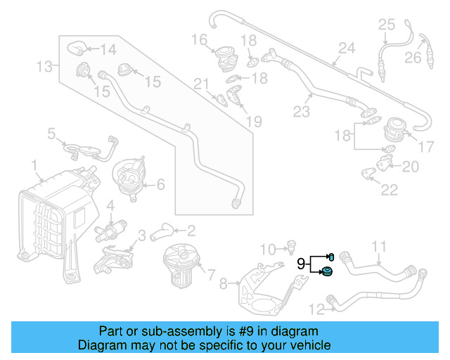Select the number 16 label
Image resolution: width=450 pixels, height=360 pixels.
tap(199, 38)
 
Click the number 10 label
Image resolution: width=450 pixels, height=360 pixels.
tap(267, 248)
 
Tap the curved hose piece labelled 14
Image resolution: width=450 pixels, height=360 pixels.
tap(76, 49)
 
